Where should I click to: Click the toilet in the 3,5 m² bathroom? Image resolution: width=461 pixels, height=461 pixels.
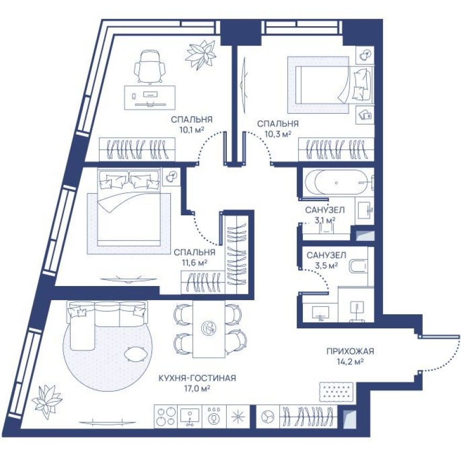(x=359, y=266)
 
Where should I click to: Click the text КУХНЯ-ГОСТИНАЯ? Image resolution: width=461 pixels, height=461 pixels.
(x=197, y=378)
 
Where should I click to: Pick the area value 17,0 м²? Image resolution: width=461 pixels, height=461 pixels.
(x=197, y=388)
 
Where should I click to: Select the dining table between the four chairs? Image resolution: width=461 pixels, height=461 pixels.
(x=209, y=328)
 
